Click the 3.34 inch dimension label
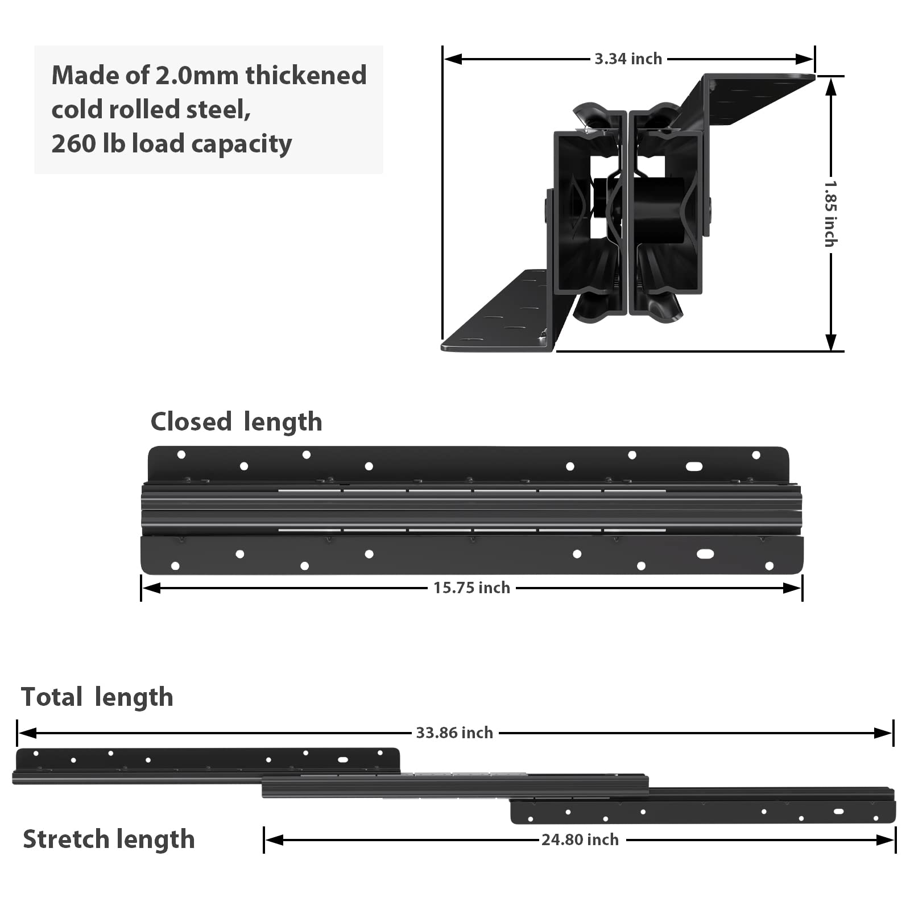628,59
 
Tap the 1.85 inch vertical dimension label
830,214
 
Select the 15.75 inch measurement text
471,588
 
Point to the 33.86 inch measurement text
454,733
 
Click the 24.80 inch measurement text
580,839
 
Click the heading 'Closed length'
236,422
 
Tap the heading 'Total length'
97,697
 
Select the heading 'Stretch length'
109,839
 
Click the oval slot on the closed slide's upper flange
694,466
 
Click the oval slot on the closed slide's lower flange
705,554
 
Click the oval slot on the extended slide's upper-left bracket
343,759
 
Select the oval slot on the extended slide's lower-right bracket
838,811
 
